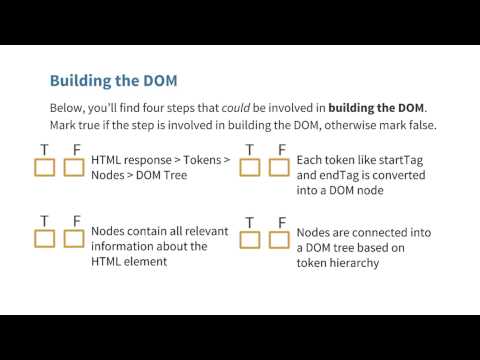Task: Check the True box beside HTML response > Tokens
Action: click(44, 167)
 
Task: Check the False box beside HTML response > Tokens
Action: click(73, 167)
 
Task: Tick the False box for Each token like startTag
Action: click(281, 167)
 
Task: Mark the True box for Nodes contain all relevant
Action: click(44, 238)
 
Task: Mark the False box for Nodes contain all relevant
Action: click(73, 238)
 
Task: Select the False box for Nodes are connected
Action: click(281, 238)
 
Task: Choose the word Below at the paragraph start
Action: click(68, 107)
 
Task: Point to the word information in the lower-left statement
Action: click(128, 246)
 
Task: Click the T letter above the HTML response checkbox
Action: click(44, 149)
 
